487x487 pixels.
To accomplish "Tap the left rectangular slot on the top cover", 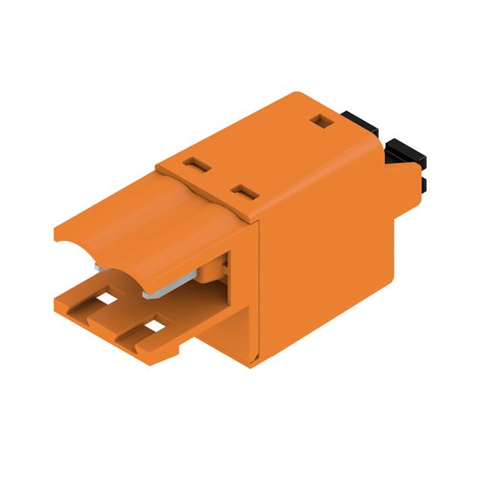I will tap(196, 163).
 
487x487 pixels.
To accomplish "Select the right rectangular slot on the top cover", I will tap(243, 191).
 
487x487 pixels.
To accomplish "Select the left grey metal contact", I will tap(101, 266).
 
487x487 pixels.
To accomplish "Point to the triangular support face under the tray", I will tap(228, 335).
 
